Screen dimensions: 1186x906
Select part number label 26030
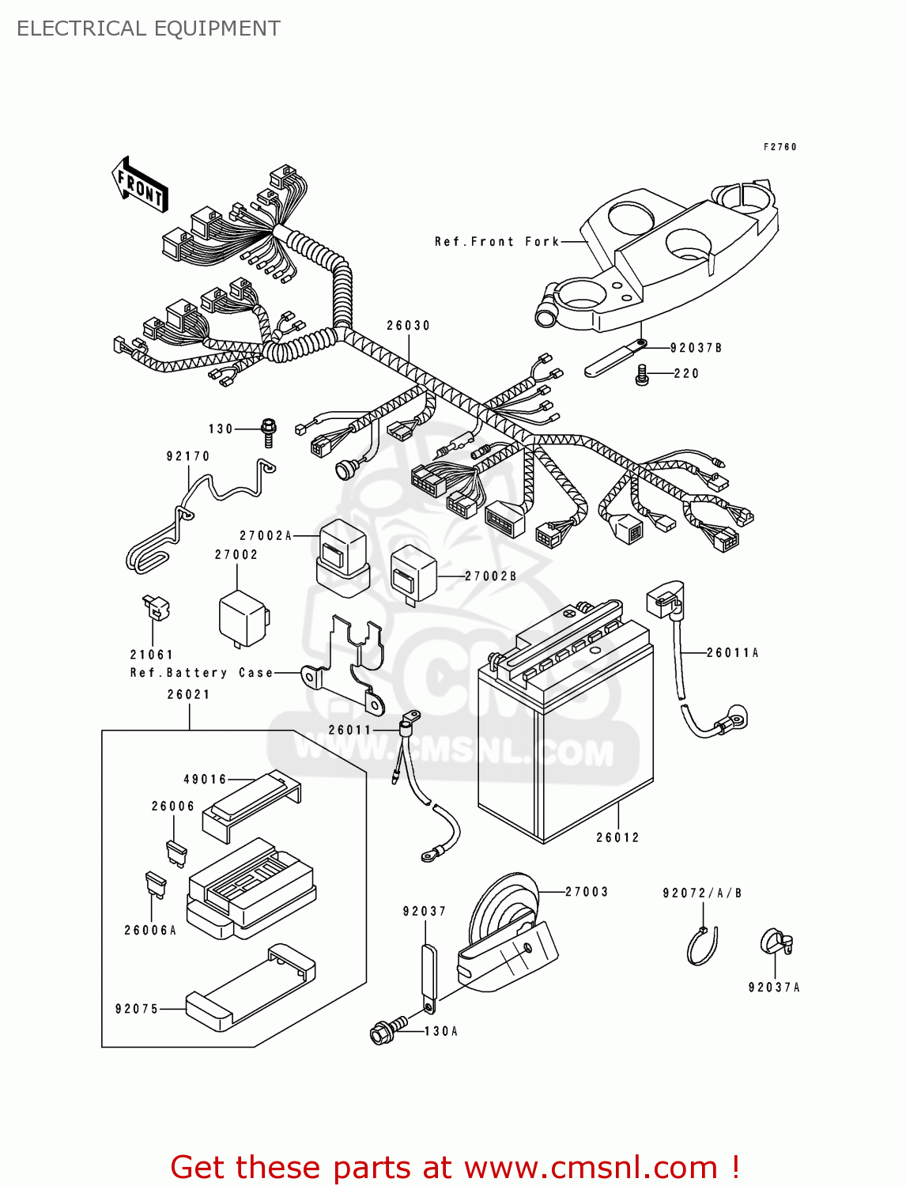408,326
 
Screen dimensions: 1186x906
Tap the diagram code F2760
780,147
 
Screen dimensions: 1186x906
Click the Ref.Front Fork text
496,242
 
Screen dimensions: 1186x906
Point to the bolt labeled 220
642,375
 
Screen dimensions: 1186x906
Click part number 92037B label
696,348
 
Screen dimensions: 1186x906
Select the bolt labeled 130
269,431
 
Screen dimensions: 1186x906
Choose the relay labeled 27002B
414,574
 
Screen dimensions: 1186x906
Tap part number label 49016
205,780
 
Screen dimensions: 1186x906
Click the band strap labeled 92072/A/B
702,945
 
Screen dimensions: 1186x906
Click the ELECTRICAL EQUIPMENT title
148,28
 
